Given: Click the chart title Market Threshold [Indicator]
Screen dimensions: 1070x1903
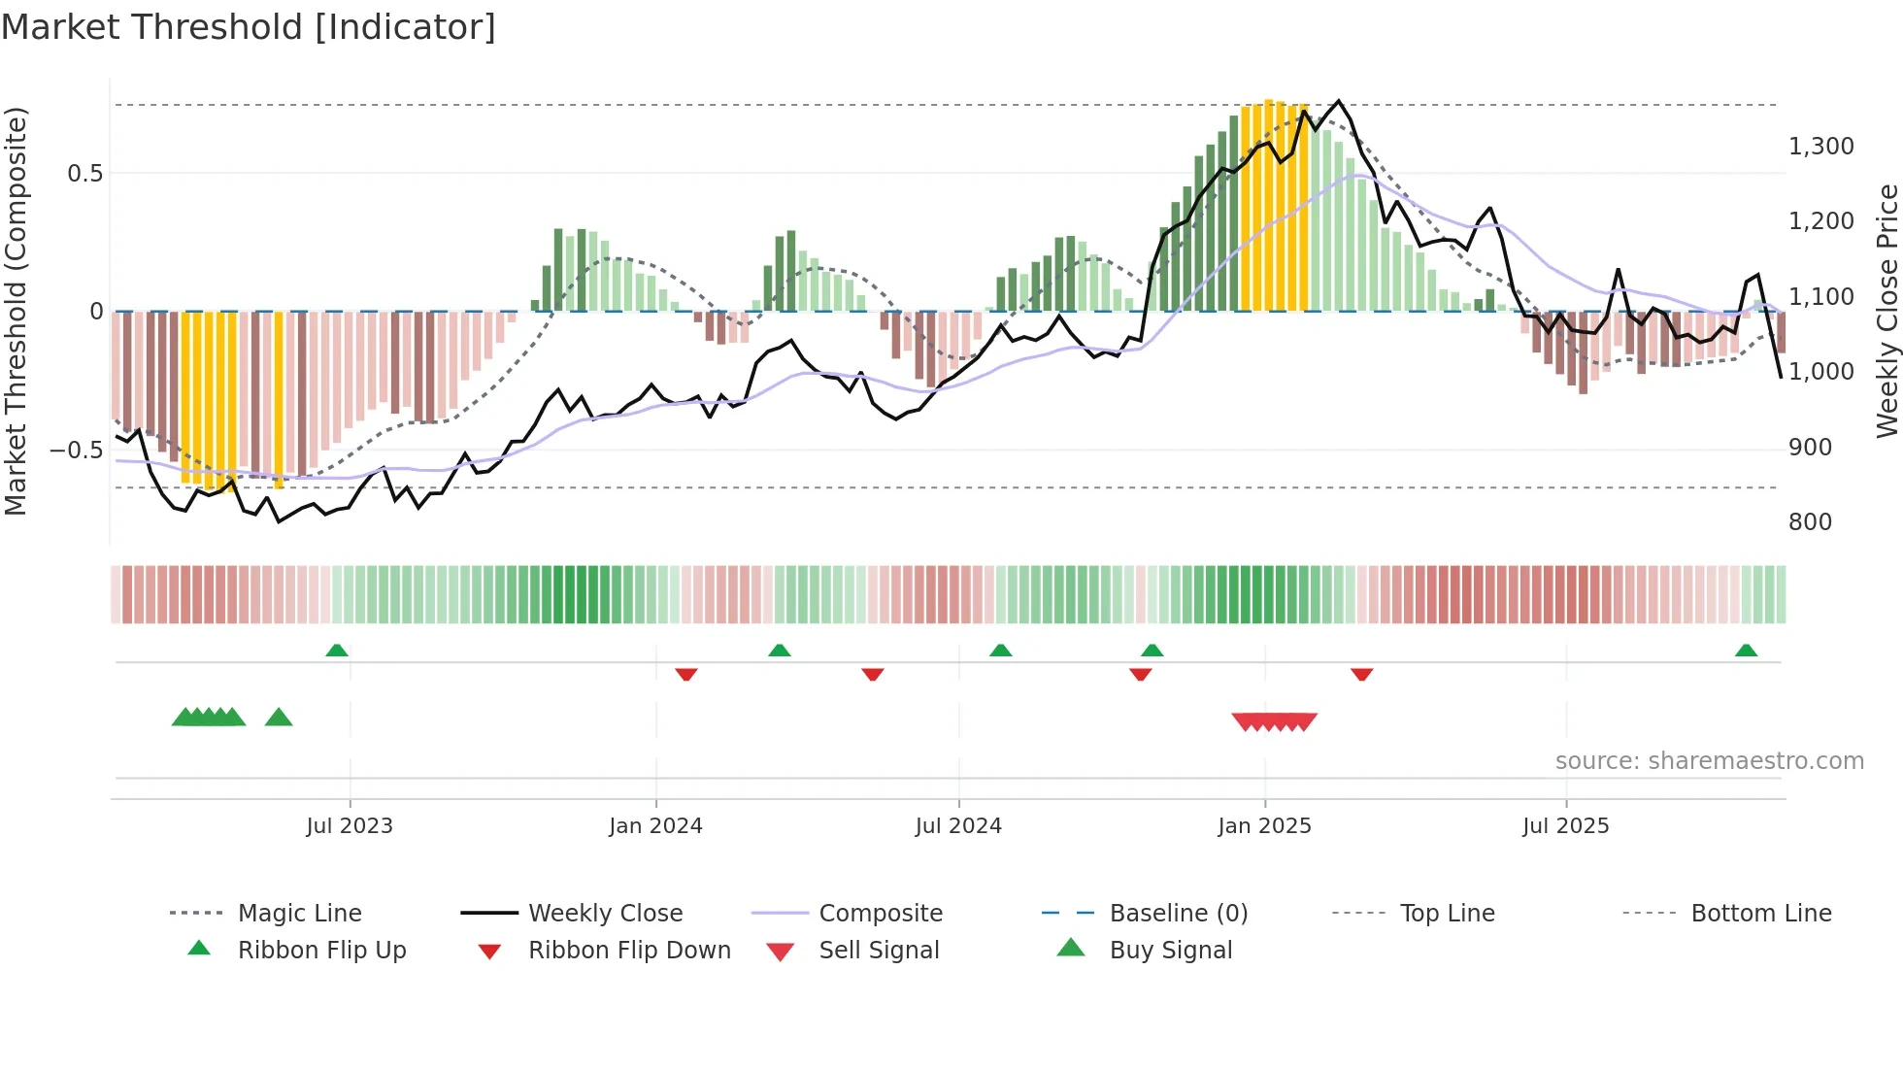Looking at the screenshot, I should tap(249, 27).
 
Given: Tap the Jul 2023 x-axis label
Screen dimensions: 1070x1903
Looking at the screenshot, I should tap(350, 826).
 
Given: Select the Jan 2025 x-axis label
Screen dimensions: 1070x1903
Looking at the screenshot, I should tap(1264, 826).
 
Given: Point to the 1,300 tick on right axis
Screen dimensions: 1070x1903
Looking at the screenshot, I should tap(1820, 147).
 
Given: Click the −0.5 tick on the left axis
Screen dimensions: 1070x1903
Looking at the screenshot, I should tap(76, 451).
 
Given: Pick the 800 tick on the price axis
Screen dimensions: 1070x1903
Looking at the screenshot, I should tap(1810, 522).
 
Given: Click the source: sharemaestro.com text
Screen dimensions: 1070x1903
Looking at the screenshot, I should tap(1709, 761).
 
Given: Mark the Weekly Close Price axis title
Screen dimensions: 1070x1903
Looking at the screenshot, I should tap(1886, 311).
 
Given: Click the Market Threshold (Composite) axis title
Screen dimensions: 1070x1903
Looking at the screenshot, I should tap(16, 311).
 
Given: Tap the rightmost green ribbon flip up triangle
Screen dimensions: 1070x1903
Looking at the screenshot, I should tap(1746, 651).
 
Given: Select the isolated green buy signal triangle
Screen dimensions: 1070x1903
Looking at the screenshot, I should tap(279, 718).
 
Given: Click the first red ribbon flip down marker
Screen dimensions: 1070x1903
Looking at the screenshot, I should tap(686, 674).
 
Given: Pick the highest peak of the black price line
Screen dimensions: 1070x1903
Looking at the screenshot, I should tap(1339, 101).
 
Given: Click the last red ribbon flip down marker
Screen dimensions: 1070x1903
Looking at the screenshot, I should tap(1361, 674).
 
